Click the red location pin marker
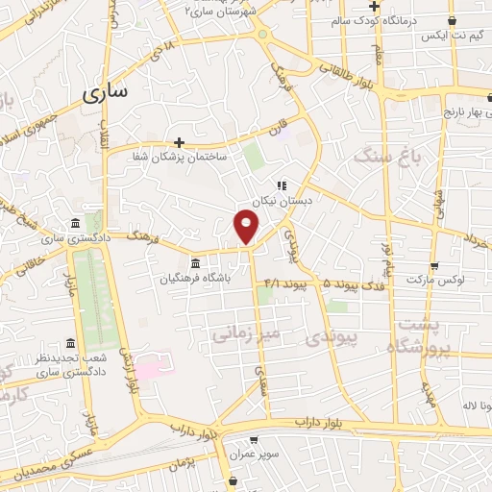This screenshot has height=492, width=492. [x=247, y=227]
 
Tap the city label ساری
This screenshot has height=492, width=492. [x=108, y=94]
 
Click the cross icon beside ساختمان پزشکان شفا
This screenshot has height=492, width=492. [x=180, y=142]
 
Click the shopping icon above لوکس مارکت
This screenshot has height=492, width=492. [x=435, y=265]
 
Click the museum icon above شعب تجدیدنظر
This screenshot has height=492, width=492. [x=69, y=343]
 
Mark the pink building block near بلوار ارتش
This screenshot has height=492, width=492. [x=149, y=368]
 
